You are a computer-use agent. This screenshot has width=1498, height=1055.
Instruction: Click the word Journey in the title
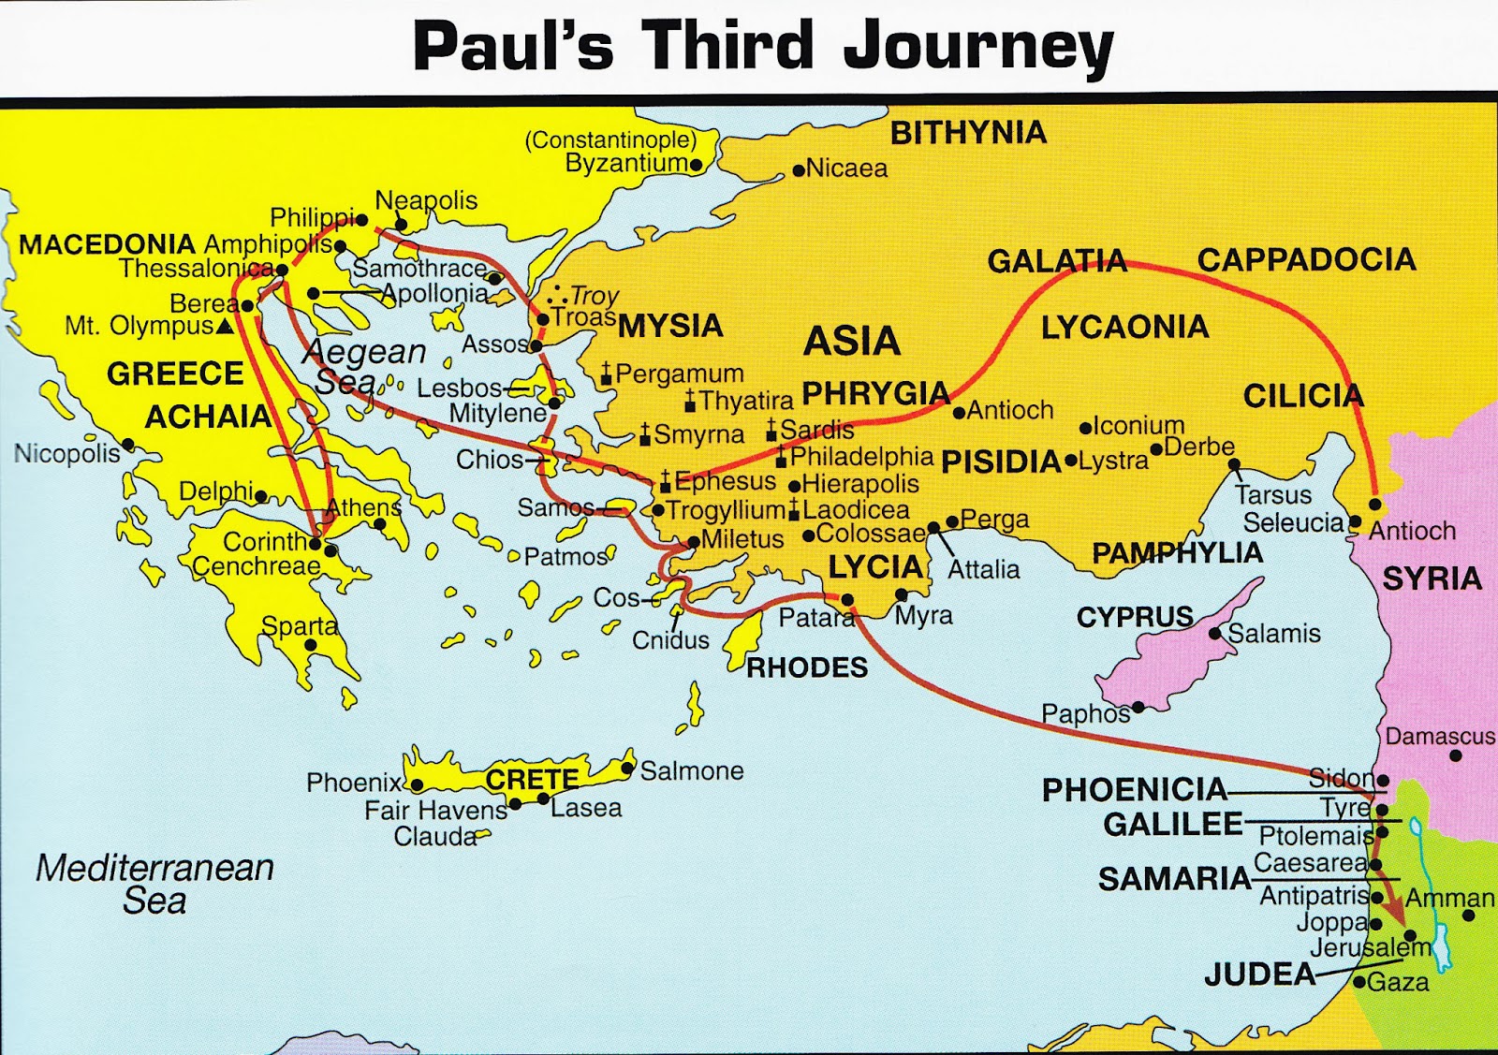[978, 47]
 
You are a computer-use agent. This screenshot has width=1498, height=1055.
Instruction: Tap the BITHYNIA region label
[967, 133]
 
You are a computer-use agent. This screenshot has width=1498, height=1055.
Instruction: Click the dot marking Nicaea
[798, 170]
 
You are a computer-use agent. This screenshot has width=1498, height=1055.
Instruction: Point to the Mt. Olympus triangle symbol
[225, 327]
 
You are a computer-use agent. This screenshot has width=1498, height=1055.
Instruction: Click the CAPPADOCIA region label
[1306, 259]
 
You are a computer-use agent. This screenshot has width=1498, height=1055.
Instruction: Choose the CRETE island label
[531, 779]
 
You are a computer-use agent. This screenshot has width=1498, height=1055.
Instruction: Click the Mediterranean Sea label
[154, 884]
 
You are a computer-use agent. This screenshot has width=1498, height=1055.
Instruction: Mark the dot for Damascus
[1455, 755]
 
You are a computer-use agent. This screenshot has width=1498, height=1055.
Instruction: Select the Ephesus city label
[725, 481]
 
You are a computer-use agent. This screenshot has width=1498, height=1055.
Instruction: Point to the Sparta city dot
[311, 645]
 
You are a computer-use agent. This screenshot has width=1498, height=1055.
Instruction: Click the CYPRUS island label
[1135, 617]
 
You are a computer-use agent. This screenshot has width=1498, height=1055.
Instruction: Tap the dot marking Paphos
[1138, 707]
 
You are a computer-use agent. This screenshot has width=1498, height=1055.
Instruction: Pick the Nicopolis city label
[66, 454]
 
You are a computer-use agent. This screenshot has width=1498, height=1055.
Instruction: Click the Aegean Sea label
[360, 366]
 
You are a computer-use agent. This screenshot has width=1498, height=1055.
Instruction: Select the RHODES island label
[806, 667]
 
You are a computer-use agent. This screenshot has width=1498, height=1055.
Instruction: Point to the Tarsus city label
[1272, 494]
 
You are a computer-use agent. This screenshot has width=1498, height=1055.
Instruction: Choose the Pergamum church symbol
[606, 375]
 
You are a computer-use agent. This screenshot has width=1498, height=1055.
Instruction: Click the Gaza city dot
[1358, 982]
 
